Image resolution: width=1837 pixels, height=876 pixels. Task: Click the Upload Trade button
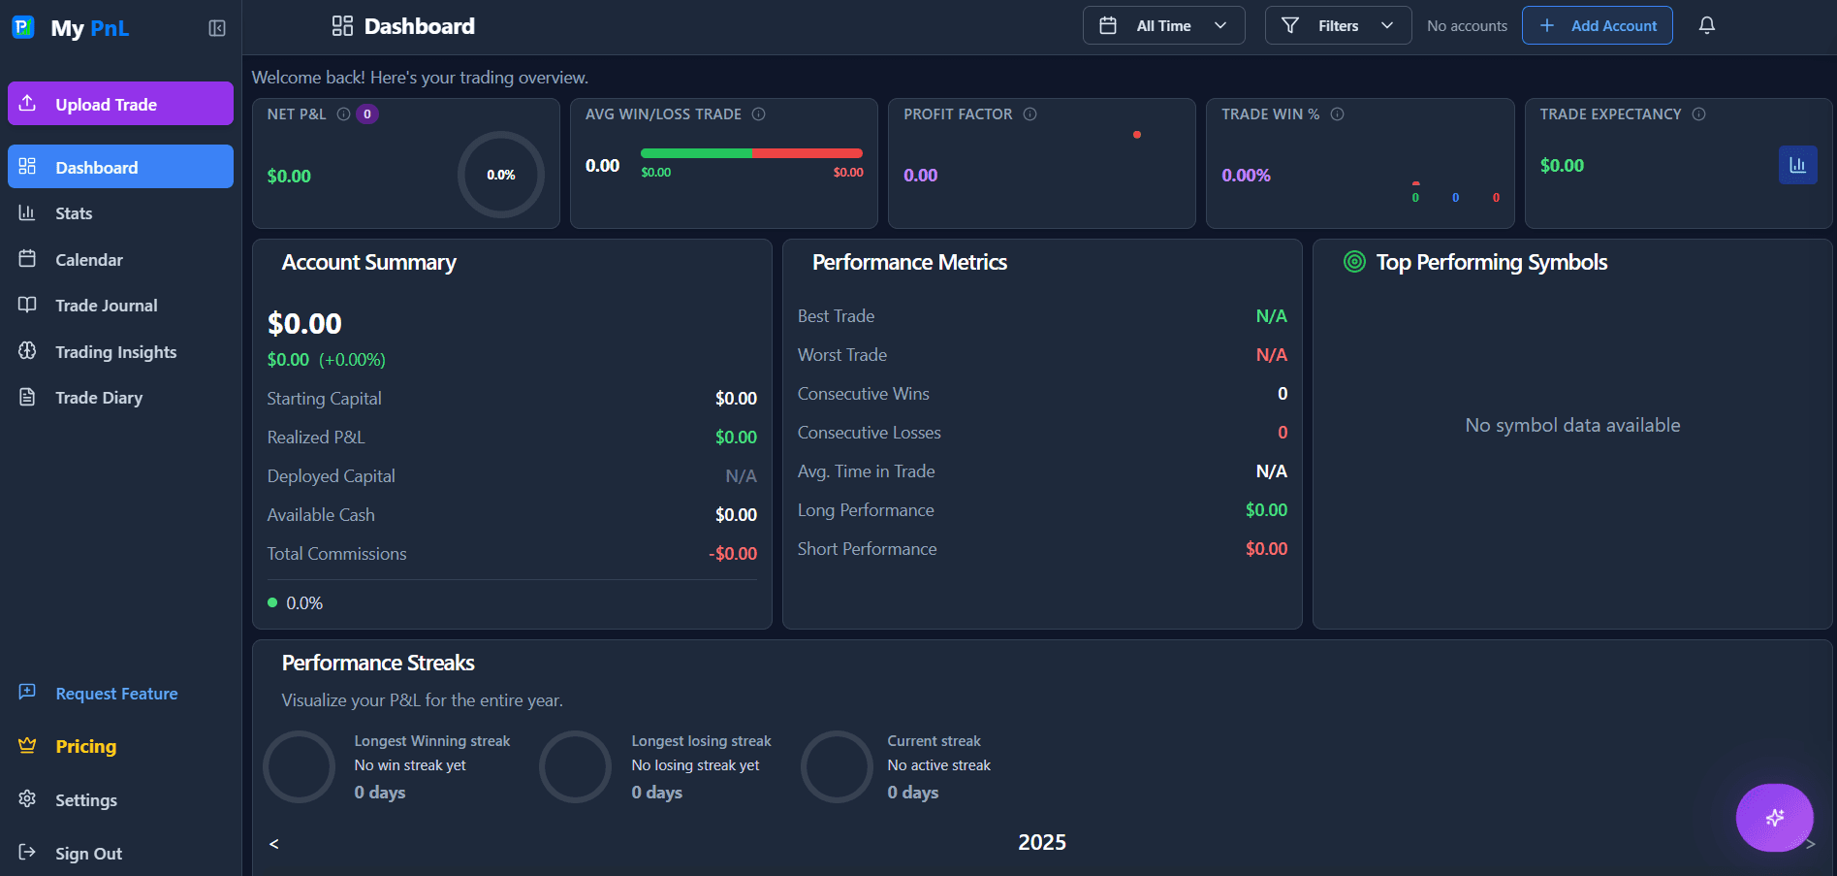(x=120, y=104)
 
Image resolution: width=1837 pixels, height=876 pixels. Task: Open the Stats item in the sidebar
(x=74, y=213)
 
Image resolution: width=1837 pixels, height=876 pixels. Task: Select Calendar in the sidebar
(x=88, y=260)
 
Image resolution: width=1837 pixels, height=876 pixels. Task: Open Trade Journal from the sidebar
(x=106, y=306)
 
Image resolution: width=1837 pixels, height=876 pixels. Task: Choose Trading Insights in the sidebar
(x=115, y=352)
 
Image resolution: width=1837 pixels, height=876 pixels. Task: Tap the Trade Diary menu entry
(x=98, y=398)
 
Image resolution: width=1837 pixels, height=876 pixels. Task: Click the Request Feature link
(x=116, y=694)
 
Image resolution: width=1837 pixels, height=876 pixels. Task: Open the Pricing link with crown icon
(x=85, y=746)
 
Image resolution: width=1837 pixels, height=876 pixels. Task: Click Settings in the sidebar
(x=85, y=800)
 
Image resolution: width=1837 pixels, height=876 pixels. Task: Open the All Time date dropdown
(x=1163, y=26)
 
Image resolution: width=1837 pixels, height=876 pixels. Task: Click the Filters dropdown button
(x=1338, y=26)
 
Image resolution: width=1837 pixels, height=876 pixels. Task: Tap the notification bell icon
(x=1707, y=26)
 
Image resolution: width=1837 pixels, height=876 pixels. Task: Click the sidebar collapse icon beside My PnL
(x=217, y=28)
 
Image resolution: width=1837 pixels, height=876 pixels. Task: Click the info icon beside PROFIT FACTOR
(x=1030, y=114)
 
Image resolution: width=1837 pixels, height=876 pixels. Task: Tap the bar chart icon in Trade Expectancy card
(x=1797, y=165)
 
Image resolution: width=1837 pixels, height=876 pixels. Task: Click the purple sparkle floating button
(x=1774, y=817)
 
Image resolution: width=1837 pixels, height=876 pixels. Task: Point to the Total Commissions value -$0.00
(x=733, y=554)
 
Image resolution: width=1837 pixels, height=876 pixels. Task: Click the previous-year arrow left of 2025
(x=274, y=844)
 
